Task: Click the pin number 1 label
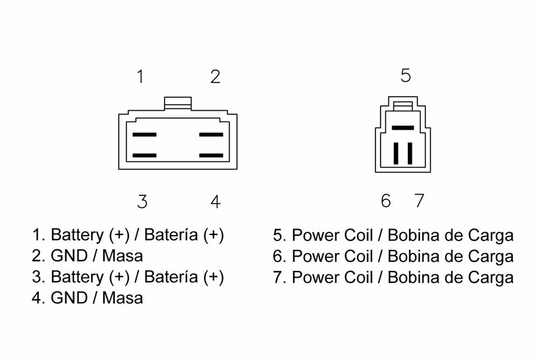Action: click(x=140, y=76)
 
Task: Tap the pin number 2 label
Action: click(x=215, y=76)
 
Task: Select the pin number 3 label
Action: click(x=142, y=201)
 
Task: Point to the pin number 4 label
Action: click(x=215, y=201)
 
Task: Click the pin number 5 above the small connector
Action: click(x=406, y=75)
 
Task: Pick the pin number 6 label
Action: click(x=385, y=201)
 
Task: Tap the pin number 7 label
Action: click(x=419, y=201)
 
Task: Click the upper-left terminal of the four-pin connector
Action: click(x=144, y=134)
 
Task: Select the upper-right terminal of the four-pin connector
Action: click(x=211, y=134)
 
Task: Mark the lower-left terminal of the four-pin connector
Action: click(x=144, y=155)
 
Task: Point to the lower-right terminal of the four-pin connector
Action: click(x=211, y=155)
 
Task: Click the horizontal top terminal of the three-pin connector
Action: click(x=403, y=128)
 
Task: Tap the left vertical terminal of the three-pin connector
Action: click(x=396, y=153)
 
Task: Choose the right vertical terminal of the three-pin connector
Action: click(x=410, y=153)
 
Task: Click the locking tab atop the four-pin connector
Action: click(x=178, y=103)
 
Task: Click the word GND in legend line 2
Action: click(x=69, y=256)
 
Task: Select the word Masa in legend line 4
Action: click(x=123, y=298)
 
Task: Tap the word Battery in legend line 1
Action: click(x=77, y=235)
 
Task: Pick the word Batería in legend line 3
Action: click(x=171, y=277)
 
